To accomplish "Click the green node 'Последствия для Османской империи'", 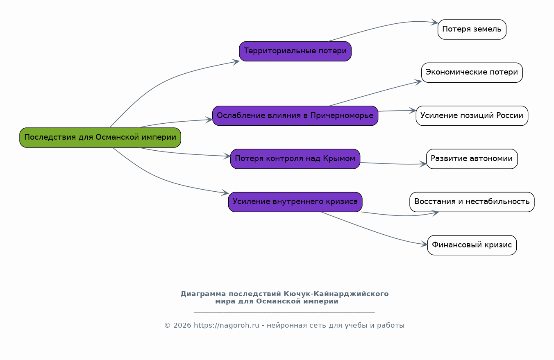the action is click(x=100, y=138).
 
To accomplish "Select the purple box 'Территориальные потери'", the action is click(x=295, y=51).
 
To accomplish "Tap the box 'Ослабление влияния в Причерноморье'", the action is click(x=295, y=116).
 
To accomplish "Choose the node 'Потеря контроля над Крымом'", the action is click(x=295, y=159).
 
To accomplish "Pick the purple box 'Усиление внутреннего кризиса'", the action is click(x=295, y=202).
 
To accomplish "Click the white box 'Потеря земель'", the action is click(x=472, y=29).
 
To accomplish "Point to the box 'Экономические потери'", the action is click(x=472, y=72).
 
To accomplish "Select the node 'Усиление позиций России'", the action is click(x=472, y=116).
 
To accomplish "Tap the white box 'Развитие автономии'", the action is click(x=472, y=159).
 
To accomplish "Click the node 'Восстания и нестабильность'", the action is click(x=472, y=202).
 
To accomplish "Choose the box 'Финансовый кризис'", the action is click(x=472, y=245).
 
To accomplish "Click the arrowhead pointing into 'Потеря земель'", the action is click(x=434, y=22).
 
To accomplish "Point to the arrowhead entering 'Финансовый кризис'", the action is click(x=424, y=244).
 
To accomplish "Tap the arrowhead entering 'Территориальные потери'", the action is click(x=236, y=62).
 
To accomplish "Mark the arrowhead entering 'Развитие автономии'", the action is click(x=423, y=164).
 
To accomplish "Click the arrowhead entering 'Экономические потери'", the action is click(x=418, y=82).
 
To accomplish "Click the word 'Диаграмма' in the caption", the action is click(x=203, y=294).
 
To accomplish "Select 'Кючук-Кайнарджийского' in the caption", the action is click(x=336, y=294).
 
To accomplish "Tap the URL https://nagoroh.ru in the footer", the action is click(x=226, y=325).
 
